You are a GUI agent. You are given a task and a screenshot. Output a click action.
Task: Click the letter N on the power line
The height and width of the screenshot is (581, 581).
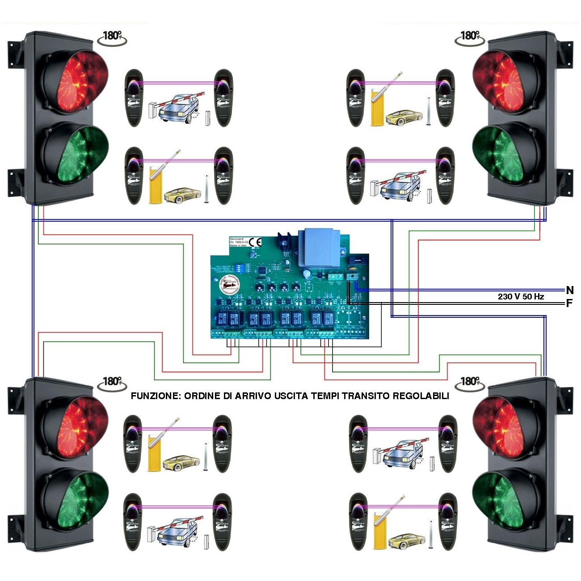click(x=569, y=290)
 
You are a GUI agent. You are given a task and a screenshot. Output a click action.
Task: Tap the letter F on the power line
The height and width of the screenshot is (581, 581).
click(x=569, y=303)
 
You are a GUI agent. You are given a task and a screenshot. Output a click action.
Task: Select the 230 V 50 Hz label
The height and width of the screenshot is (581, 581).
click(x=521, y=296)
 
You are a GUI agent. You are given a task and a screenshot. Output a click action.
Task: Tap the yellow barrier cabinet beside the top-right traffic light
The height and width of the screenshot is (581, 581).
click(x=376, y=107)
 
